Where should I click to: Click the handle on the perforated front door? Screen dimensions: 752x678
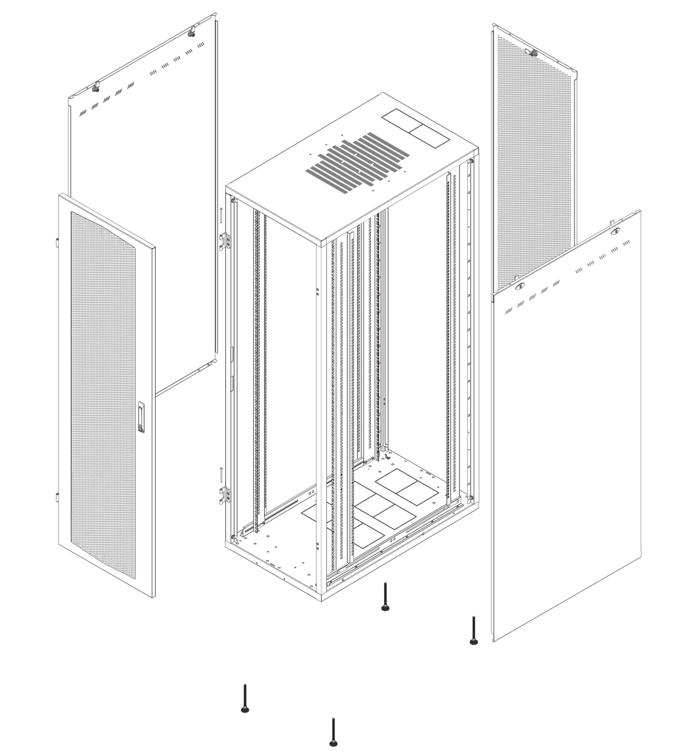click(x=141, y=417)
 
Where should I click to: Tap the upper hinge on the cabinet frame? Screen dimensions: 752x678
click(x=225, y=241)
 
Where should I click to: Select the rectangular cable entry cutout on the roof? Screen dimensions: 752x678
click(x=415, y=128)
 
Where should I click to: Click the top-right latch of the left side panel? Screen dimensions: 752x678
click(x=191, y=32)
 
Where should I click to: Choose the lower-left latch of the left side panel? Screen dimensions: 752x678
click(x=96, y=88)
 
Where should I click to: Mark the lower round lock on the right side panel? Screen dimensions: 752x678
click(x=520, y=286)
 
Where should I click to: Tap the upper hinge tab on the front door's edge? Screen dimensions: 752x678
click(x=57, y=242)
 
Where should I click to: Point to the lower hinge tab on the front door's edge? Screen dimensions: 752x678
click(x=57, y=497)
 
